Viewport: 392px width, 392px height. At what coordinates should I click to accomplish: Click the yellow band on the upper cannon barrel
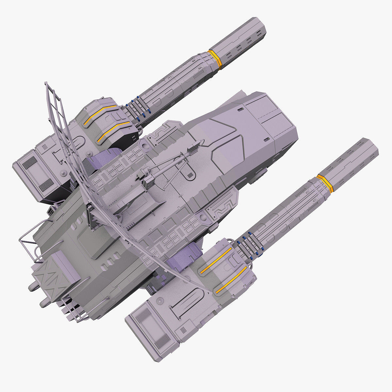tap(215, 60)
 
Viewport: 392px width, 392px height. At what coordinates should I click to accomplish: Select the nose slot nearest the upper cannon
tap(242, 109)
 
